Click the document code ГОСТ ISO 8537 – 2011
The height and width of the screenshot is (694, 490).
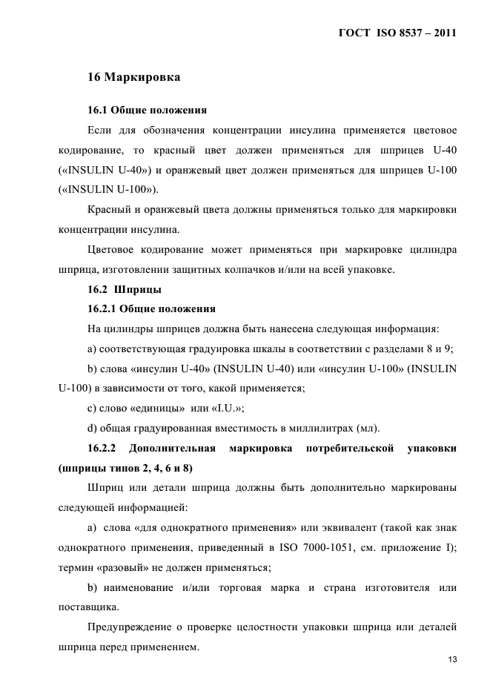point(397,33)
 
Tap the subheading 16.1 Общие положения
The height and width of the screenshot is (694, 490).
point(147,110)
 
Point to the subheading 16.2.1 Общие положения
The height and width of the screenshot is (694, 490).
point(152,308)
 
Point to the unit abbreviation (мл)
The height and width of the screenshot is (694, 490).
point(366,428)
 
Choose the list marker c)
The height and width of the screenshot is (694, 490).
point(92,407)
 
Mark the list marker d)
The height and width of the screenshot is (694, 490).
point(92,428)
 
